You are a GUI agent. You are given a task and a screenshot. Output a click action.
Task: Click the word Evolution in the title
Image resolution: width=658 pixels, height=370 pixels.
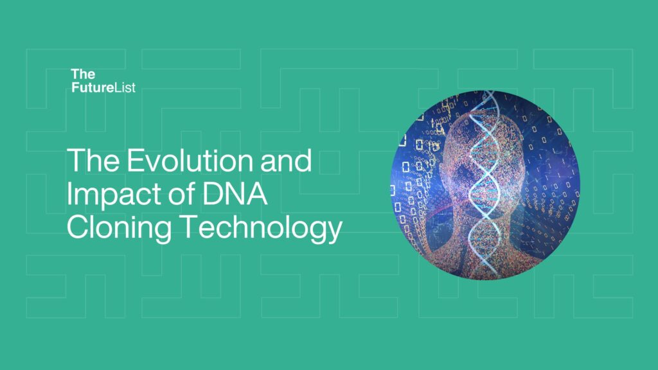point(190,160)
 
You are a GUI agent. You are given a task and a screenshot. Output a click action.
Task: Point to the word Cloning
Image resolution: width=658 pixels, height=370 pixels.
point(119,228)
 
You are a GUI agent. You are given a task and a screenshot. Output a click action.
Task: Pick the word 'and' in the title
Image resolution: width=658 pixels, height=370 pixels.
point(286,160)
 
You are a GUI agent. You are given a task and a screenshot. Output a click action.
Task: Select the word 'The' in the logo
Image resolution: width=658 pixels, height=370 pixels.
point(83,75)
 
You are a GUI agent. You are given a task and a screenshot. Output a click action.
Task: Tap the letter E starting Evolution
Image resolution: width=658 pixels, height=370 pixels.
point(135,160)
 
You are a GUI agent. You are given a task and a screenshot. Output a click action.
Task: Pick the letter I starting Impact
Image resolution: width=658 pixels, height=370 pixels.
point(69,193)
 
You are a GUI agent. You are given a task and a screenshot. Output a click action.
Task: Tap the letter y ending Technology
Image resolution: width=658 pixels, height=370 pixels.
point(334,232)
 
